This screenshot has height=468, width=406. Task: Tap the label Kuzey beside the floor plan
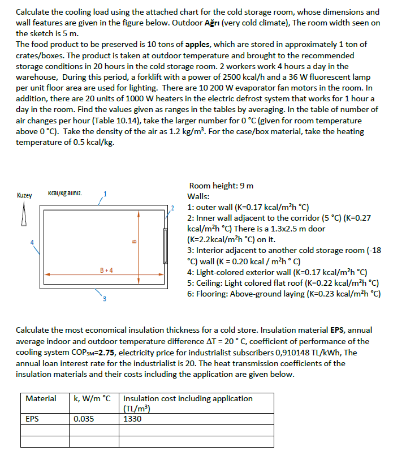click(24, 195)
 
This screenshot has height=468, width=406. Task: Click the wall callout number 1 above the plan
click(105, 195)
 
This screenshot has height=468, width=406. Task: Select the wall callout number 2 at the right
click(174, 213)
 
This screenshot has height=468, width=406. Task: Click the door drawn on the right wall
click(166, 245)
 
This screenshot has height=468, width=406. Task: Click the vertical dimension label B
click(133, 244)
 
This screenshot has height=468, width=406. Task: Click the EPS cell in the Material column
click(32, 419)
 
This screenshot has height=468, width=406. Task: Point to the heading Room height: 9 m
click(221, 186)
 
